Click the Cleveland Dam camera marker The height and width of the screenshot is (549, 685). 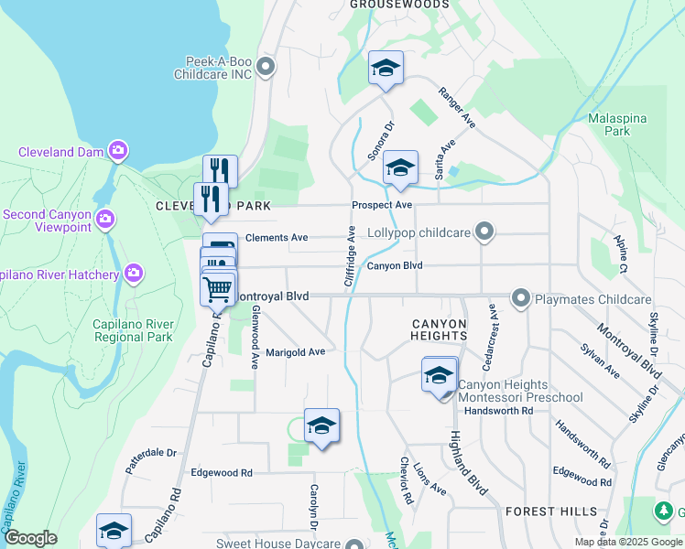click(x=117, y=150)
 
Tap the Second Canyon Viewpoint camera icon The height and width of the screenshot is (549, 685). click(x=105, y=218)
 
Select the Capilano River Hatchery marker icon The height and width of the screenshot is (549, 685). click(x=134, y=273)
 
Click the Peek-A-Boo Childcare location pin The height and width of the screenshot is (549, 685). click(x=266, y=66)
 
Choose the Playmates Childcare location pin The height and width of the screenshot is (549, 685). click(x=521, y=298)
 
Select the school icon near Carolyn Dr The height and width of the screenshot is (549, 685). click(x=321, y=425)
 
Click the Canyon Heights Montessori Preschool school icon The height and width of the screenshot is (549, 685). click(x=440, y=374)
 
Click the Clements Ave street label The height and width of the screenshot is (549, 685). click(x=277, y=237)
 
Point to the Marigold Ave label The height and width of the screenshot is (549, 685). click(x=295, y=352)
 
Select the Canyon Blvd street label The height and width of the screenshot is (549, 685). click(x=395, y=266)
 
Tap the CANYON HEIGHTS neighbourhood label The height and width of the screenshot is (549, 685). click(x=440, y=330)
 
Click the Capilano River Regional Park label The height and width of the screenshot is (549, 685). click(x=134, y=330)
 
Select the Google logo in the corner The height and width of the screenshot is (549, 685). click(x=30, y=538)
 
